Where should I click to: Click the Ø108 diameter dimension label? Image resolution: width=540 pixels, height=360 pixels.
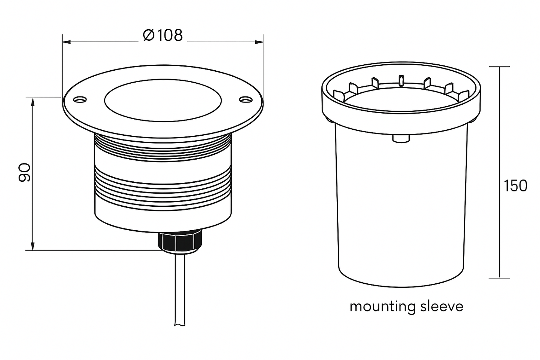[x=163, y=36]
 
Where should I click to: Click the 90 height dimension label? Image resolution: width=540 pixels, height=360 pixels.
[x=25, y=172]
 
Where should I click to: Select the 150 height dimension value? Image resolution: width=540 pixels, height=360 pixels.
[x=515, y=186]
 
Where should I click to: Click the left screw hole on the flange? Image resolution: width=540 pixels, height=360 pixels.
[x=80, y=100]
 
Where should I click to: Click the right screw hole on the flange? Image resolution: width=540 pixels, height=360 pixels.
[x=245, y=100]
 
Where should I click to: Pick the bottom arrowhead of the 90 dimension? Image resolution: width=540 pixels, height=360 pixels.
[x=33, y=246]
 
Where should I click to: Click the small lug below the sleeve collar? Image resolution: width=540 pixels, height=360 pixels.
[x=401, y=138]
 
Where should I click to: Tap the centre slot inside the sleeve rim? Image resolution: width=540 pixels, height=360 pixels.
[x=401, y=80]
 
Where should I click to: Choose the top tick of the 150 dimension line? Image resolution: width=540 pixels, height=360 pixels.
[x=499, y=67]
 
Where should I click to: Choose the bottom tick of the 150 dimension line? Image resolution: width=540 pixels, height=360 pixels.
[x=499, y=278]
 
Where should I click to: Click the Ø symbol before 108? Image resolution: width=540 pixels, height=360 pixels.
[x=149, y=36]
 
